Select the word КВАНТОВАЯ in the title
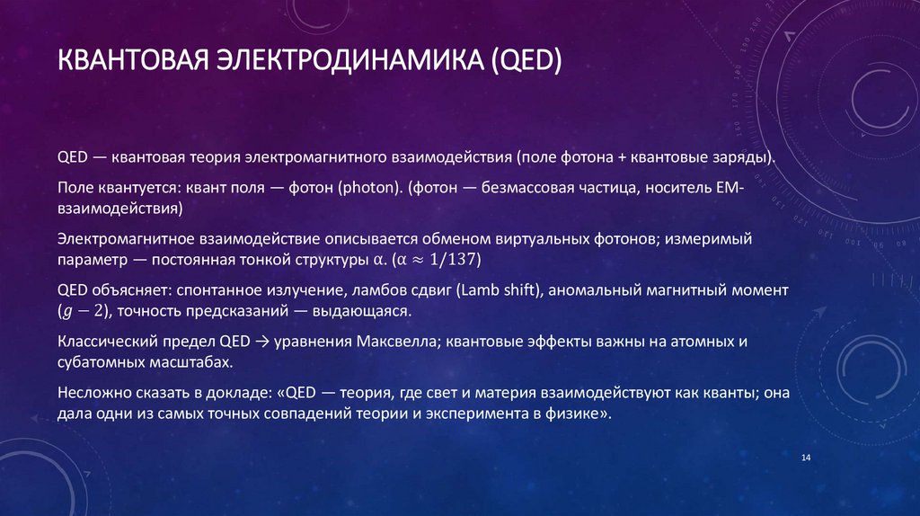[x=133, y=64]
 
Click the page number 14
[x=805, y=459]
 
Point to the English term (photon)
[x=368, y=190]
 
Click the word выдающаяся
[x=363, y=311]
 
